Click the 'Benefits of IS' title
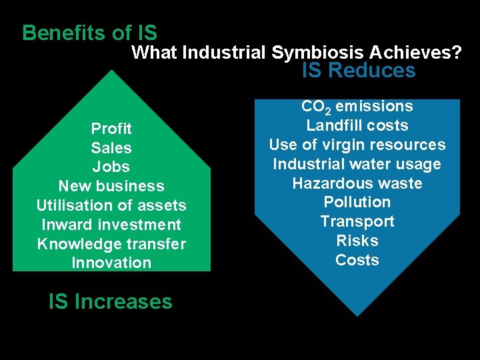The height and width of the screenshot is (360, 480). click(89, 33)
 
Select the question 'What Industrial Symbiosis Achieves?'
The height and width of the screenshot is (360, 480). click(297, 52)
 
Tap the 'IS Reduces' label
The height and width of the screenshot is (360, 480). click(358, 71)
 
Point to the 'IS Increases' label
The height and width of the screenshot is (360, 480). click(111, 301)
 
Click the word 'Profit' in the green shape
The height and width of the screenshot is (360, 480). click(111, 128)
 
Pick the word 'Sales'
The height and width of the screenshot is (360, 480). click(111, 147)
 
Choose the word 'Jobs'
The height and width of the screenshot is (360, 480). click(111, 167)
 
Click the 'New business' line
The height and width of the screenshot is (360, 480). click(111, 186)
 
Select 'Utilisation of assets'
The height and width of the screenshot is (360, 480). click(111, 205)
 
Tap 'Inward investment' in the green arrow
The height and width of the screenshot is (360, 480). click(111, 225)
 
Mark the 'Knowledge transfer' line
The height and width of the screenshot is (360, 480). click(111, 244)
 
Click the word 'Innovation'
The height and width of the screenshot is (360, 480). click(111, 263)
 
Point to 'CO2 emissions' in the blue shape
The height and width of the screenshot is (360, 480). click(357, 107)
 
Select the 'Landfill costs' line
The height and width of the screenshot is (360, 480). click(357, 125)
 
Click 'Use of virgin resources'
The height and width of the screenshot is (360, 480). click(357, 145)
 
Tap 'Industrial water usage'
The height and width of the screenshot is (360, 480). click(357, 164)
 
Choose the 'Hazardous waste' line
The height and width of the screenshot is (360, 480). click(357, 183)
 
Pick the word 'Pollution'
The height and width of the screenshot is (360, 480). click(357, 202)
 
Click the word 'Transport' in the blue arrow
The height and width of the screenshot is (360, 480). click(357, 221)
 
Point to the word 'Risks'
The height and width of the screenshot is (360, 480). click(357, 241)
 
